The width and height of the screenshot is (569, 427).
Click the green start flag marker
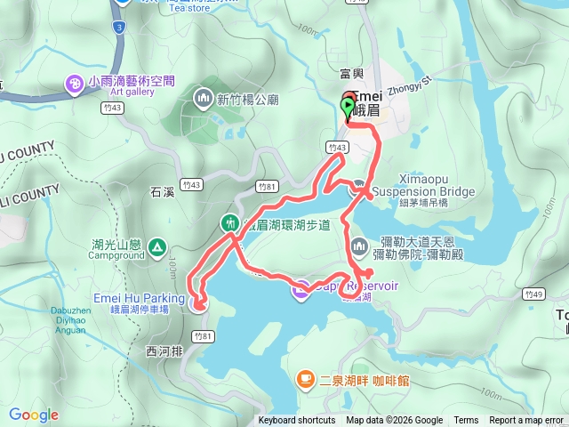(x=347, y=108)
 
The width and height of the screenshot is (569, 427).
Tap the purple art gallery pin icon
(x=75, y=85)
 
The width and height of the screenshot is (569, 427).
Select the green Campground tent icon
(x=157, y=246)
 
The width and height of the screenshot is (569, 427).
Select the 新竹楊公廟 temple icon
(x=204, y=97)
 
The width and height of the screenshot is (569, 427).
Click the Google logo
(x=34, y=415)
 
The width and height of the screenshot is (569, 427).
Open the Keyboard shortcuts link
(x=296, y=421)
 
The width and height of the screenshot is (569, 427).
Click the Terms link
(x=466, y=421)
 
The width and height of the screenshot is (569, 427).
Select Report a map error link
(x=527, y=421)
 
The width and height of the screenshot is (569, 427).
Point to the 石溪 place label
(x=163, y=190)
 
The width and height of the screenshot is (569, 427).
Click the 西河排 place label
(x=161, y=351)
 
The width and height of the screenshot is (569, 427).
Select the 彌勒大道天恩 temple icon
(x=358, y=244)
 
